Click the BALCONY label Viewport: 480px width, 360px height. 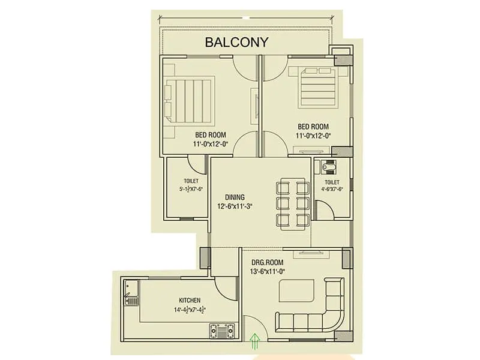[236, 43]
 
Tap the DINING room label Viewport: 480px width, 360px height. [235, 197]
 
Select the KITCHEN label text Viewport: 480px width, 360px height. [190, 300]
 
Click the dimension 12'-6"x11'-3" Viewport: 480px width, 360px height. [235, 206]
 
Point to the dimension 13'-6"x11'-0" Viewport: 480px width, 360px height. [267, 272]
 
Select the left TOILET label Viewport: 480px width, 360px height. [191, 181]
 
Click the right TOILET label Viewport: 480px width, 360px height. [332, 182]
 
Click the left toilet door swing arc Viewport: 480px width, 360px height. [196, 163]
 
